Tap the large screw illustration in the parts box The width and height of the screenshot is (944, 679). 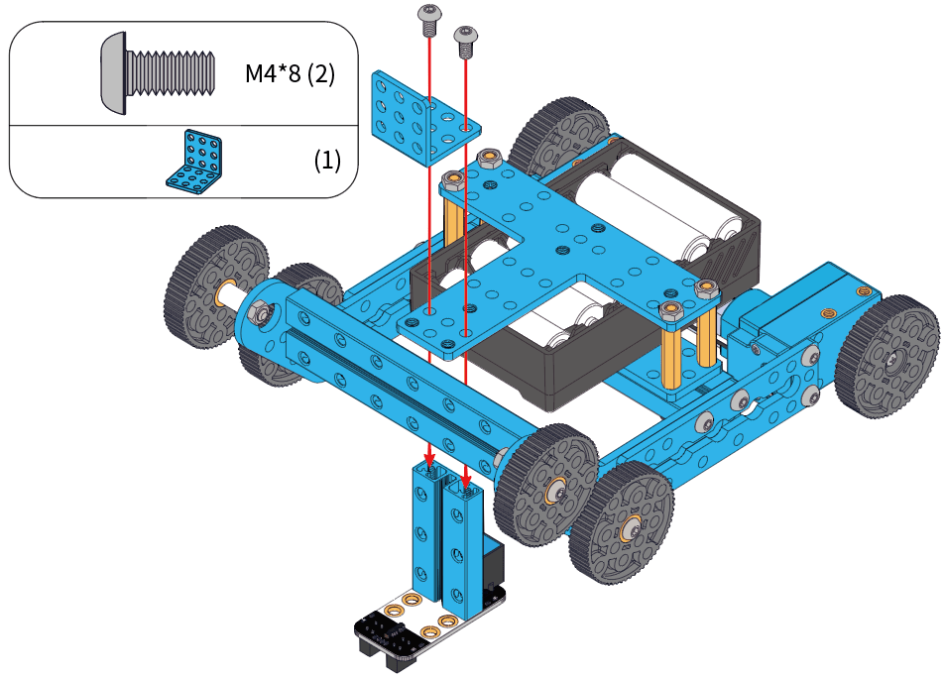point(159,71)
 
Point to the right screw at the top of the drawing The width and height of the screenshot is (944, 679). point(464,40)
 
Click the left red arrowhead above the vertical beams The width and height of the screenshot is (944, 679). point(429,460)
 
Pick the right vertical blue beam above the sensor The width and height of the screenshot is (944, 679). point(461,550)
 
